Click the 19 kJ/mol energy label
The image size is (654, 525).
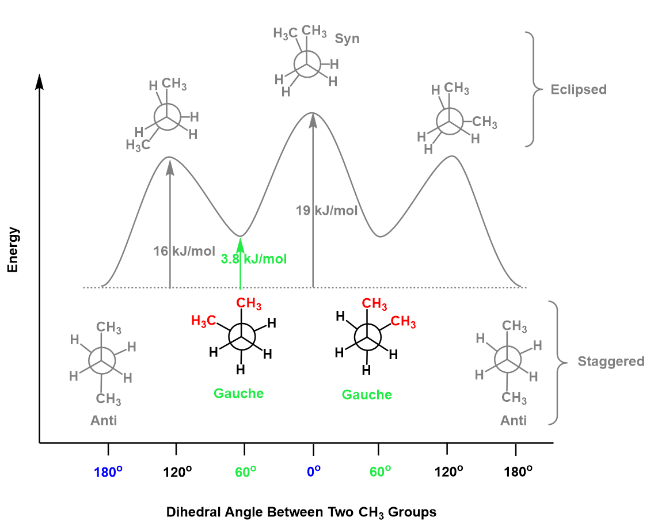point(327,211)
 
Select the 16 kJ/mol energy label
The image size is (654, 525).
point(184,251)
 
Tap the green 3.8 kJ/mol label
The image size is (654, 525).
point(254,258)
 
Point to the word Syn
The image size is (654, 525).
point(347,39)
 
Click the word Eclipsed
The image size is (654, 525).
point(579,90)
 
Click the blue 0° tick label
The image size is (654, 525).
point(313,471)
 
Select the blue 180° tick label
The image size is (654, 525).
point(108,471)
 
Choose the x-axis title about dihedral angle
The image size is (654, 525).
point(301,512)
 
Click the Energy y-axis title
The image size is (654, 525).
point(13,250)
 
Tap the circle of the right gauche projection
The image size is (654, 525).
point(366,337)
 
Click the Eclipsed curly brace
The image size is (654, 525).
point(534,89)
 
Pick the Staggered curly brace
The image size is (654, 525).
point(557,363)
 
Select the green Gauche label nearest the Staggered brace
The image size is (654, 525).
point(367,395)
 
